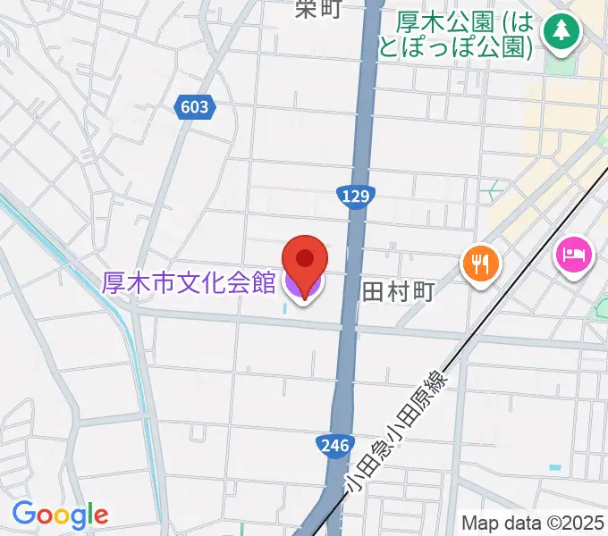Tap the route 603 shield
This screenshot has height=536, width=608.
(x=193, y=107)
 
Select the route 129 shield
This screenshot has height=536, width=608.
(x=357, y=197)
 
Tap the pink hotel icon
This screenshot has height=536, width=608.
(x=572, y=255)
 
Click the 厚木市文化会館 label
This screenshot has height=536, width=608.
(x=188, y=283)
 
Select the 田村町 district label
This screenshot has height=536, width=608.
(x=398, y=291)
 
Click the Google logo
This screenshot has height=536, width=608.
(x=60, y=515)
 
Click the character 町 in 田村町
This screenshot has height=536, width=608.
(x=422, y=291)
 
